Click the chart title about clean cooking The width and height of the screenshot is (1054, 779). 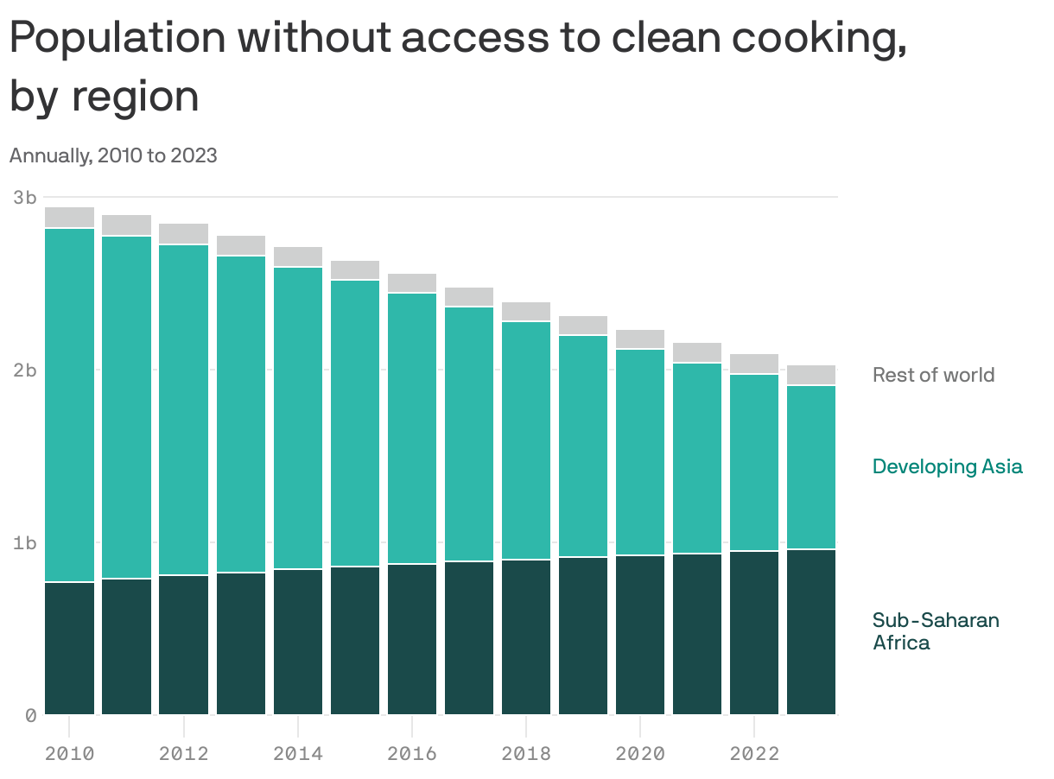pyautogui.click(x=458, y=66)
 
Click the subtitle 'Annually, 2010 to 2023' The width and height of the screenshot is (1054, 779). pyautogui.click(x=113, y=155)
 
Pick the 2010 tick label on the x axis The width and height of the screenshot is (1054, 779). pyautogui.click(x=69, y=753)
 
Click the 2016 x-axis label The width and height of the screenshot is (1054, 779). pyautogui.click(x=412, y=753)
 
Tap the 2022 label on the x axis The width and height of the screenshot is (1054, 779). pyautogui.click(x=754, y=753)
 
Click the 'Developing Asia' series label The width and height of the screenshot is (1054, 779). pyautogui.click(x=947, y=466)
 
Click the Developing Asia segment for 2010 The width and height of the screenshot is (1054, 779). pyautogui.click(x=70, y=405)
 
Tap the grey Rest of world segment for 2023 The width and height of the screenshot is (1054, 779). pyautogui.click(x=811, y=375)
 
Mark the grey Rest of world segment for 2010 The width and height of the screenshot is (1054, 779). pyautogui.click(x=70, y=217)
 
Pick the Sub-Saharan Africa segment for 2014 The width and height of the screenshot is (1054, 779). pyautogui.click(x=298, y=642)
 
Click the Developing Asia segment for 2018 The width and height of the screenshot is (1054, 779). pyautogui.click(x=526, y=440)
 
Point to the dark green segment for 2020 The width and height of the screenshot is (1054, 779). pyautogui.click(x=640, y=635)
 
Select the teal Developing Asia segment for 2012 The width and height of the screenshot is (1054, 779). pyautogui.click(x=184, y=409)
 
